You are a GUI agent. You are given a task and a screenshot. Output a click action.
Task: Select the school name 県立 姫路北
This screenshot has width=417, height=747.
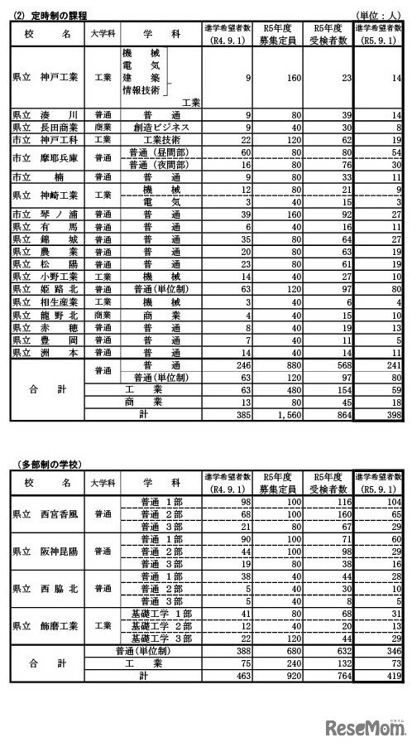(x=44, y=290)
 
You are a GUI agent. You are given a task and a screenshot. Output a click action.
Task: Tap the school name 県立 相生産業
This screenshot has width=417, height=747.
(x=44, y=303)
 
